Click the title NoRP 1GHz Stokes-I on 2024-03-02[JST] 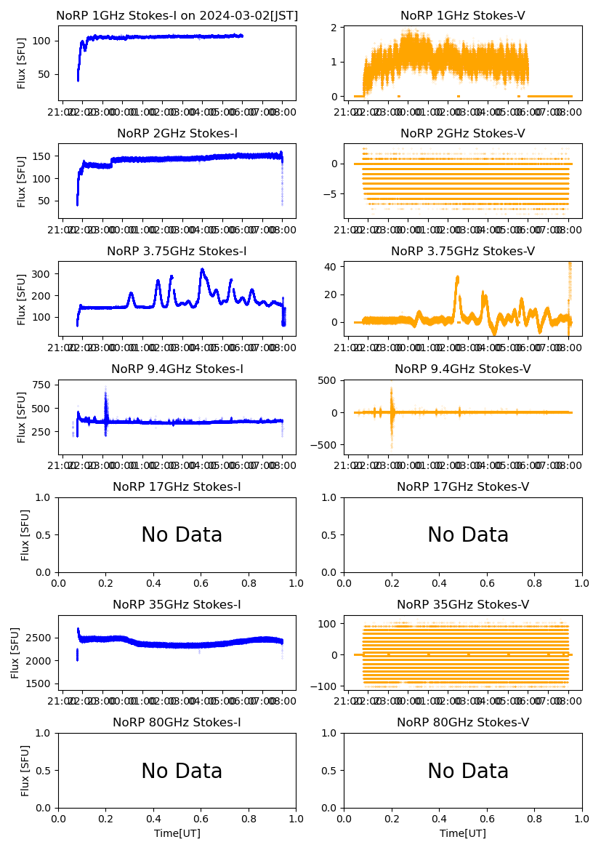point(177,15)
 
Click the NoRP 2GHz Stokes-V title point(463,133)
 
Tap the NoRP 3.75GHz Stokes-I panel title point(177,251)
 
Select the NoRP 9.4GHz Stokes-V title point(463,369)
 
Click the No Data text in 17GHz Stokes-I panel point(182,535)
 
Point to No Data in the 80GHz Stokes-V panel point(468,771)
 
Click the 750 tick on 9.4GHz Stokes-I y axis point(40,385)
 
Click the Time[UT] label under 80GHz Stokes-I point(177,833)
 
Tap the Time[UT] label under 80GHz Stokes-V point(463,833)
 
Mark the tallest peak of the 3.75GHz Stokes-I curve point(202,270)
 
